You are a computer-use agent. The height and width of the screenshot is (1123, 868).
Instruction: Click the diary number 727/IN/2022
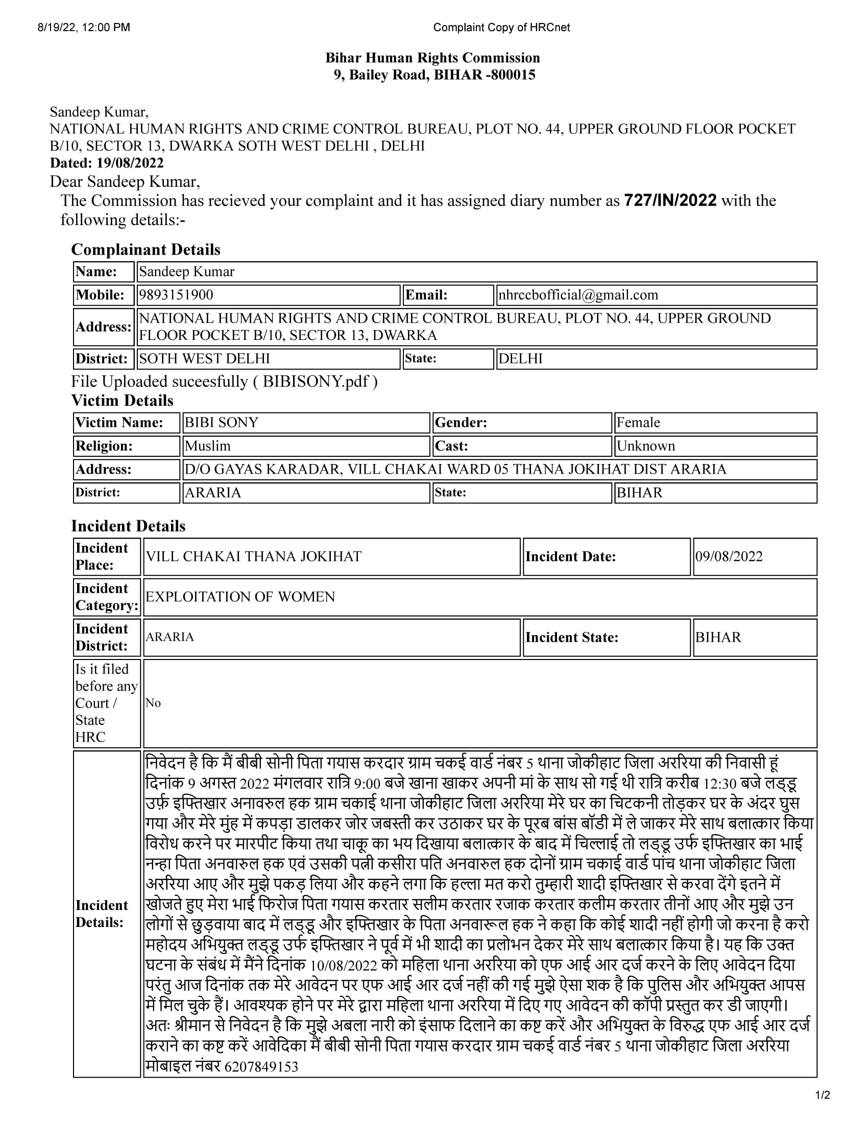[669, 201]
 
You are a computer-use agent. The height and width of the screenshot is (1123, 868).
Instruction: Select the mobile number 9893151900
[176, 295]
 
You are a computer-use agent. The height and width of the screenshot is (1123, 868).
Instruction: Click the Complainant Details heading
[146, 250]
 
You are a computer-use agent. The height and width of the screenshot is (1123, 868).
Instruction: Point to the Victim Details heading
[122, 401]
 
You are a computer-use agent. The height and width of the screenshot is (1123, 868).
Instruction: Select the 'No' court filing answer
[153, 703]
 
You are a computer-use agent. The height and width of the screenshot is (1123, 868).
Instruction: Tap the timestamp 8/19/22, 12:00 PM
[84, 27]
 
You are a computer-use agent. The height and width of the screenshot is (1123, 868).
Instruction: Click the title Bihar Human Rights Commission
[432, 58]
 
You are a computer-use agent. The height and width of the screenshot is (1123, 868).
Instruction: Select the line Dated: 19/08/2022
[106, 163]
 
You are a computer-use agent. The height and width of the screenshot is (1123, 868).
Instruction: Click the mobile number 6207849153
[261, 1067]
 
